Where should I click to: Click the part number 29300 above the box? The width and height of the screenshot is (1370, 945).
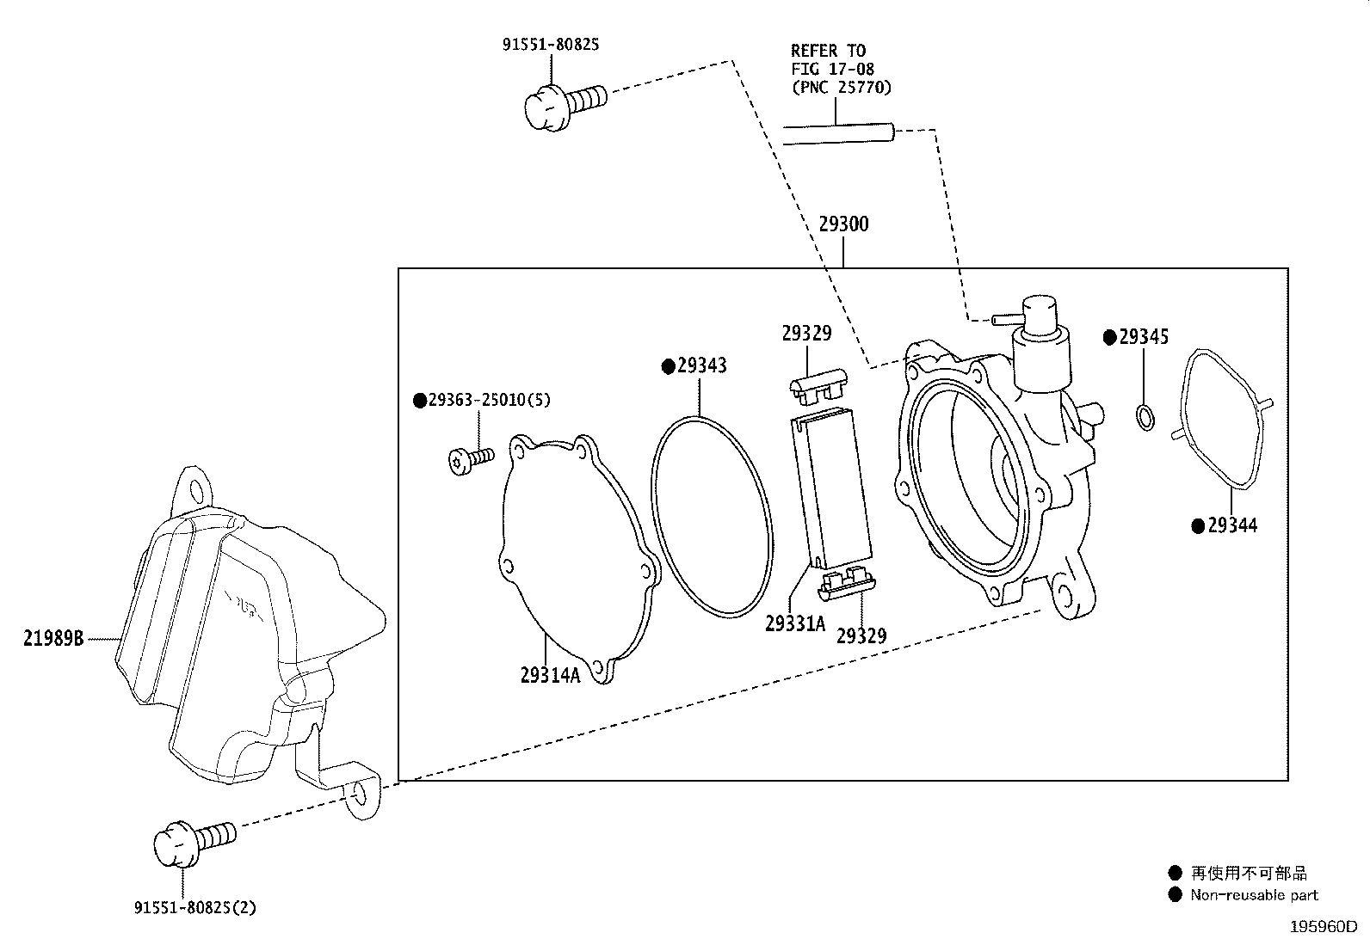[843, 224]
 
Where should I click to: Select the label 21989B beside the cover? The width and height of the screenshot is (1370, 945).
[53, 638]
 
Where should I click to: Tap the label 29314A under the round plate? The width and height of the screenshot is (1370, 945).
[550, 675]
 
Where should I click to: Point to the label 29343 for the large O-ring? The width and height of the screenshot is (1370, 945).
[701, 365]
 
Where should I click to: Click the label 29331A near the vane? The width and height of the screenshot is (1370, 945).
[794, 623]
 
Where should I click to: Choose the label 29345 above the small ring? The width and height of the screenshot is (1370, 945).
[1144, 337]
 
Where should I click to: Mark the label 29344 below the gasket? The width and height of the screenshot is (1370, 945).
[1232, 525]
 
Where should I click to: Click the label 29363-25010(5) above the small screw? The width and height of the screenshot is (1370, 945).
[490, 400]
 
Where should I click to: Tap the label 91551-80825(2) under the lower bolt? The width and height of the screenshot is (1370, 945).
[195, 908]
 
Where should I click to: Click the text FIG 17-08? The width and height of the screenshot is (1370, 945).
[832, 69]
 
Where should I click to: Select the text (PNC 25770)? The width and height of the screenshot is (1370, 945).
[842, 88]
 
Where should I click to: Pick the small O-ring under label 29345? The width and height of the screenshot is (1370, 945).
[1145, 418]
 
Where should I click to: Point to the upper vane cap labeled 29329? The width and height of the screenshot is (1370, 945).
[818, 386]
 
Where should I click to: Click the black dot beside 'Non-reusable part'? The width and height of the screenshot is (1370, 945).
[1175, 894]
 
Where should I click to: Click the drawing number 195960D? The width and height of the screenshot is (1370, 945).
[1324, 927]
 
